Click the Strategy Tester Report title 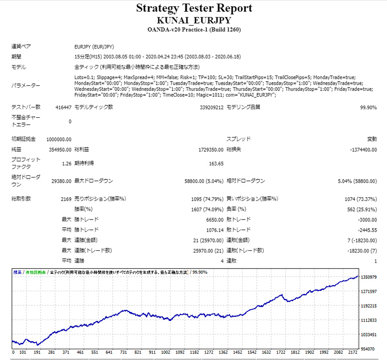point(194,8)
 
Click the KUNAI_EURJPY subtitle point(194,20)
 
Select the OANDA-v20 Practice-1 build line point(194,30)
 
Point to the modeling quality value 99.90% point(369,107)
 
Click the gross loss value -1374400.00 point(363,150)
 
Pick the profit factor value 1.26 point(67,163)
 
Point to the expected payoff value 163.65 point(216,163)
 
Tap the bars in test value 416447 point(63,107)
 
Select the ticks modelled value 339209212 point(212,107)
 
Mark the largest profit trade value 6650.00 point(214,220)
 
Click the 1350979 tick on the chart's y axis point(369,277)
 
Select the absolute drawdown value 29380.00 point(61,181)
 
